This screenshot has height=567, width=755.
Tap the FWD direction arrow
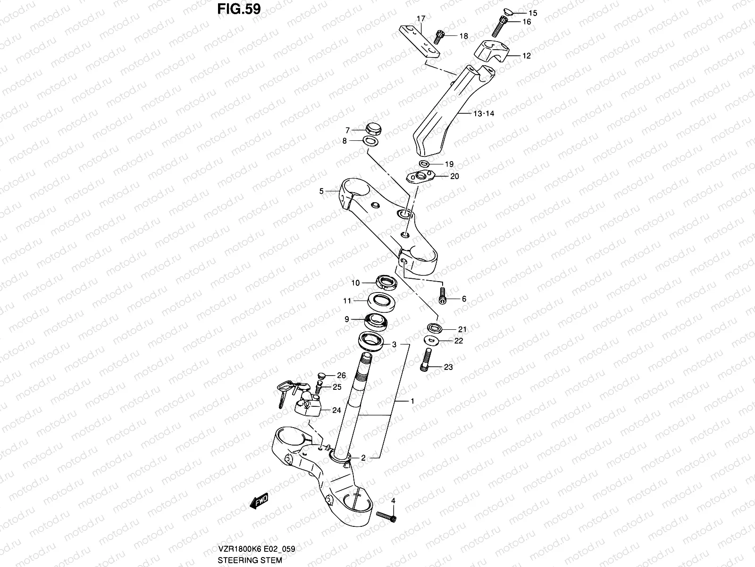pyautogui.click(x=259, y=501)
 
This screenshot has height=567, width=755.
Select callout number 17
pyautogui.click(x=420, y=19)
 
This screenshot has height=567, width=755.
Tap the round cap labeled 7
pyautogui.click(x=373, y=128)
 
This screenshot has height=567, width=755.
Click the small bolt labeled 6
pyautogui.click(x=443, y=296)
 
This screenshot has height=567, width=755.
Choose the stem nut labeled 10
pyautogui.click(x=386, y=283)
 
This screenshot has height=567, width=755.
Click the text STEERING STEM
pyautogui.click(x=250, y=561)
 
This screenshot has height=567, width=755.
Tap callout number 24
pyautogui.click(x=336, y=410)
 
